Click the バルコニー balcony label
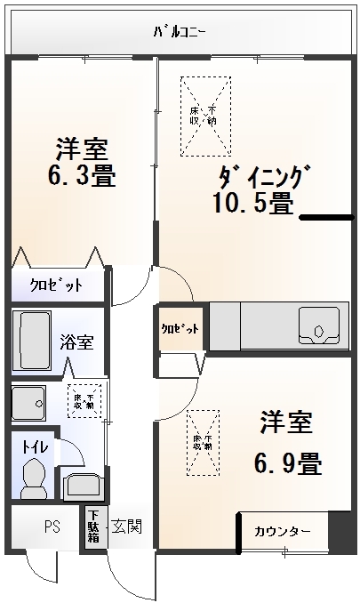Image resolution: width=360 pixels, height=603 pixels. [x=180, y=32]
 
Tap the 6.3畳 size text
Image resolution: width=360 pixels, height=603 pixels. [x=81, y=174]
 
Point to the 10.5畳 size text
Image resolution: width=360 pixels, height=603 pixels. [x=252, y=204]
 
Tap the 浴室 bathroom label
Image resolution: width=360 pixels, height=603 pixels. [x=77, y=342]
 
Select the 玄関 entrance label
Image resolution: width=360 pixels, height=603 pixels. [x=125, y=526]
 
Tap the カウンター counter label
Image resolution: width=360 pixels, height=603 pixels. [x=283, y=531]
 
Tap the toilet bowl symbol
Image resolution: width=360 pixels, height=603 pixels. [x=33, y=478]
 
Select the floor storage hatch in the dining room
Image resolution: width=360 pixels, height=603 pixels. [x=204, y=115]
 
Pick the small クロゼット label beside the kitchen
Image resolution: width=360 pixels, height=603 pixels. [x=180, y=328]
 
